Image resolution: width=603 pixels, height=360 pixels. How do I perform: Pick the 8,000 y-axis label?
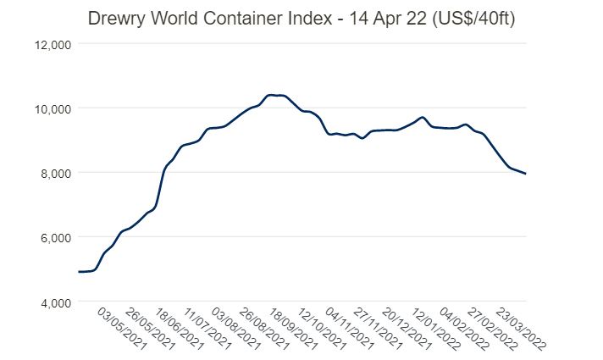point(58,173)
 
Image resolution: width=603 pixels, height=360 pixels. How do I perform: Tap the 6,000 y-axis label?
point(58,237)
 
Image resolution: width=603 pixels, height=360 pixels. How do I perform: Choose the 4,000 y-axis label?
point(58,302)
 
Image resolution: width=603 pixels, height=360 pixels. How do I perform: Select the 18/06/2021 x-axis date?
point(179,329)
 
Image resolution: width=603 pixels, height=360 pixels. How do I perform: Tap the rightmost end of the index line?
point(525,174)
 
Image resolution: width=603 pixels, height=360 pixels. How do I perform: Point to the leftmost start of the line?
point(79,272)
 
